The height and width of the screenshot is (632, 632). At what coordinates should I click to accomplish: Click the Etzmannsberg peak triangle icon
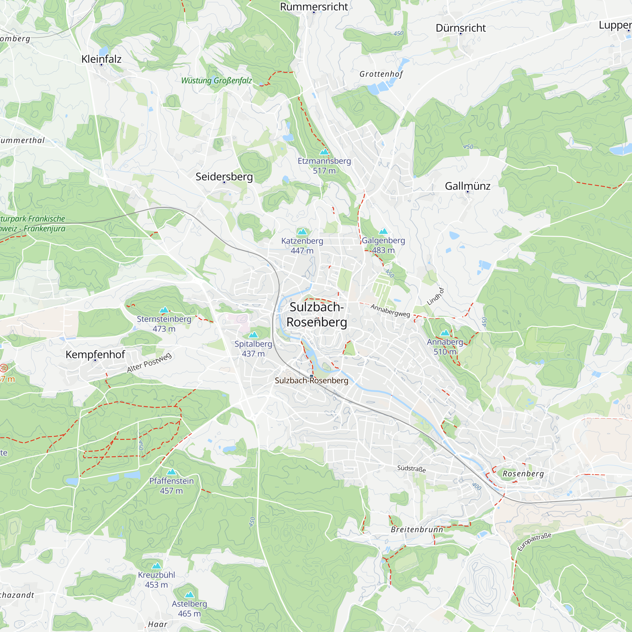(x=324, y=152)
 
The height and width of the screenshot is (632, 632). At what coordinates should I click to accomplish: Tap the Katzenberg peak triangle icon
(x=302, y=232)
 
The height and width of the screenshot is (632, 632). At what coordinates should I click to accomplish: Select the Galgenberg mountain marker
(x=383, y=231)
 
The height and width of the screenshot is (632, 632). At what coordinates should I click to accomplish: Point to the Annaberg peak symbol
(x=445, y=333)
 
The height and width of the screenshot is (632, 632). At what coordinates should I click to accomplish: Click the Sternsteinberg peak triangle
(x=164, y=310)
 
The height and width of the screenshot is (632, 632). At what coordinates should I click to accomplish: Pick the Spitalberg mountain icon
(x=253, y=335)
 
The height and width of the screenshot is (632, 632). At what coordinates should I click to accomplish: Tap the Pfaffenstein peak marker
(x=171, y=472)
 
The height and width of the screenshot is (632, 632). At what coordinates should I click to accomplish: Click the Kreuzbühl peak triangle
(x=156, y=566)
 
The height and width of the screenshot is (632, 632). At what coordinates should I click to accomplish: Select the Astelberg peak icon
(x=189, y=595)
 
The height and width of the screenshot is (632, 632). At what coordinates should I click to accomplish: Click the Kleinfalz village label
(x=101, y=59)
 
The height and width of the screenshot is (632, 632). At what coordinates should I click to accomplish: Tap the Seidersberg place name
(x=224, y=177)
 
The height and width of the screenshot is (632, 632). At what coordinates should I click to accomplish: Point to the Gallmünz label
(x=467, y=186)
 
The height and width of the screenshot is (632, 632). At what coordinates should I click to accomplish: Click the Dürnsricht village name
(x=461, y=28)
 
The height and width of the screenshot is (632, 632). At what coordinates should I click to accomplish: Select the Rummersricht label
(x=314, y=7)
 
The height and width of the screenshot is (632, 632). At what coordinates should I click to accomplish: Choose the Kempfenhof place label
(x=95, y=354)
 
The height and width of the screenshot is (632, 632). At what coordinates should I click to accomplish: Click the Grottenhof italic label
(x=381, y=74)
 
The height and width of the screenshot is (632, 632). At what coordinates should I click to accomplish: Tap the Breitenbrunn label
(x=417, y=529)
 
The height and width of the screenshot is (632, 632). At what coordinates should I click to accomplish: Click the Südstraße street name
(x=411, y=469)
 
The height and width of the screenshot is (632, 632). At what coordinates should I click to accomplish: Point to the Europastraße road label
(x=534, y=542)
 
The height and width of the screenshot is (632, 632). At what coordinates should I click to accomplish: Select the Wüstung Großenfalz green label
(x=216, y=81)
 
